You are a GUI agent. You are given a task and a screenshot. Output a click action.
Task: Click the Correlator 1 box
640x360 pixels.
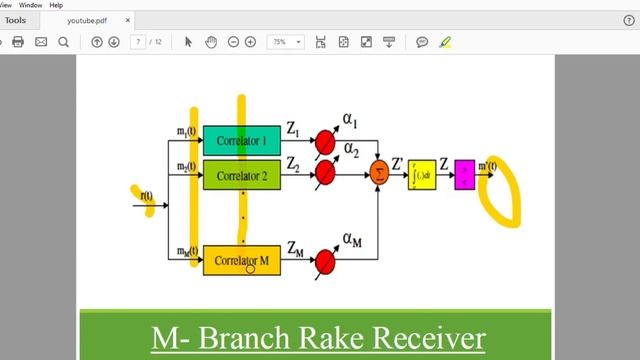[x=241, y=141]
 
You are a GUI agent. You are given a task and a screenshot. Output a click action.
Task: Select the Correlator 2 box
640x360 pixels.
[x=241, y=176]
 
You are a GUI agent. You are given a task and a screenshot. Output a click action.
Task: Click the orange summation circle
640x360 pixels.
[x=378, y=173]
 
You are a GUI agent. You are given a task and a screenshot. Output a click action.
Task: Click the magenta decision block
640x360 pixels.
[x=464, y=174]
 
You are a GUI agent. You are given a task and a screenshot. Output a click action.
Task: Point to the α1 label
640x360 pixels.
[x=350, y=121]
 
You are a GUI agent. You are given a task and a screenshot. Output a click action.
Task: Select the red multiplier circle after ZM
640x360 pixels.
[x=324, y=261]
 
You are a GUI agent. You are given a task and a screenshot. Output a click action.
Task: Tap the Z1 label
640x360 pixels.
[x=293, y=128]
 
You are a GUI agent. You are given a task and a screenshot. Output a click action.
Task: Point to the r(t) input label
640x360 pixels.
[x=148, y=197]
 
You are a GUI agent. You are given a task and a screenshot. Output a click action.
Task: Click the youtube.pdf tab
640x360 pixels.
[x=91, y=19]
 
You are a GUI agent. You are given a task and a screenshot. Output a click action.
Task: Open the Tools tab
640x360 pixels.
[x=16, y=19]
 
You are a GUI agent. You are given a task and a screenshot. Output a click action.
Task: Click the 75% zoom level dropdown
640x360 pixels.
[x=285, y=42]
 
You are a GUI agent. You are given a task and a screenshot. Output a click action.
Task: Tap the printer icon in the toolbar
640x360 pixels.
[x=17, y=42]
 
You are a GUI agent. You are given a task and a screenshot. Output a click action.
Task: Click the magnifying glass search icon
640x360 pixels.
[x=63, y=42]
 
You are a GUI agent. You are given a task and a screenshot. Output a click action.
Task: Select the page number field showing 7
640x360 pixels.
[x=138, y=42]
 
